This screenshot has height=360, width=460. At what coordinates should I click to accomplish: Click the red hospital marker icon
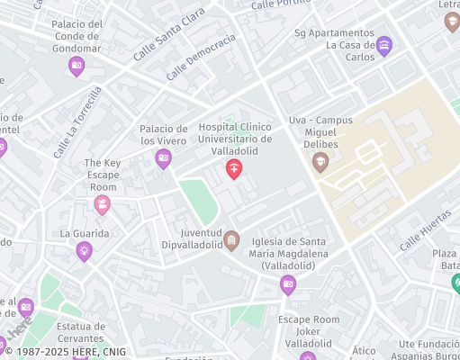coord(234,168)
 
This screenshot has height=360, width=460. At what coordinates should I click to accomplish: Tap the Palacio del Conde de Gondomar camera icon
coord(77,65)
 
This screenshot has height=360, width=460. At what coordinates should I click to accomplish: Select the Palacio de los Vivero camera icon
coord(163,159)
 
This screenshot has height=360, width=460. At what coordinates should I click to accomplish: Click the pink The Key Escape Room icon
coord(102,205)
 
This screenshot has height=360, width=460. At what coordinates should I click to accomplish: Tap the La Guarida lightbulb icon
coord(85,251)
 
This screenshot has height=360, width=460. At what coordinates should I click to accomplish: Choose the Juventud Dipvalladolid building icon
coord(231,239)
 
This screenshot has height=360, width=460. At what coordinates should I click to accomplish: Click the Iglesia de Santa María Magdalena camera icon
coord(288,285)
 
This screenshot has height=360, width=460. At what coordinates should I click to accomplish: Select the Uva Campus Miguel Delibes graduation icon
coord(320,162)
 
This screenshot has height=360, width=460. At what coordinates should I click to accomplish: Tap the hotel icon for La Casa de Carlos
coord(384,46)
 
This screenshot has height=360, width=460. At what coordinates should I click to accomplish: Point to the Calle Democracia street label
coord(200,57)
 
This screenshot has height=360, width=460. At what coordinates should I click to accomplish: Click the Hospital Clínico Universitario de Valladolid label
coord(235,139)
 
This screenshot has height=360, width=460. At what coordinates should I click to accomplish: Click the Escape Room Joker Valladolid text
coord(309,331)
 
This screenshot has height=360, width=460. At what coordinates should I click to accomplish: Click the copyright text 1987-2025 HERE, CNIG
coord(68,351)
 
